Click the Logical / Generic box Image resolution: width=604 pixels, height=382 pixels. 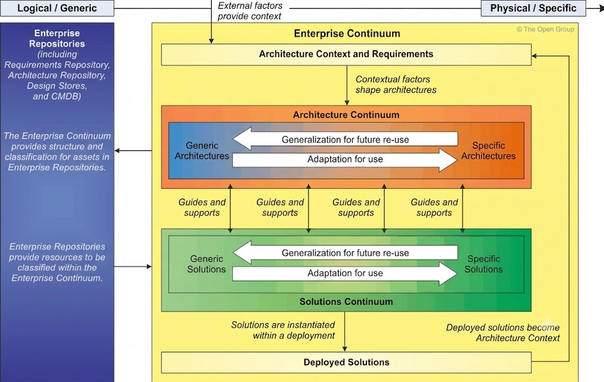coord(57,8)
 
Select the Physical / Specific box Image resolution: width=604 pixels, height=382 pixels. coord(533,8)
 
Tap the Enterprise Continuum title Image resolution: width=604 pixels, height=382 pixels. coord(347,34)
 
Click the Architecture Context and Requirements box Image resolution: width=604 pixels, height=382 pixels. coord(346,54)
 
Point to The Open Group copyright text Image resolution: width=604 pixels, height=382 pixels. coord(545,29)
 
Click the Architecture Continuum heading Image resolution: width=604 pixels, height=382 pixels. coord(346,115)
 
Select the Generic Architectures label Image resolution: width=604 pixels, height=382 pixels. coord(202,150)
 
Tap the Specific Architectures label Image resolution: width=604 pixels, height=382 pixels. coord(488,150)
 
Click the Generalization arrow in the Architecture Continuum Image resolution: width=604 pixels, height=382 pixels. coord(345,139)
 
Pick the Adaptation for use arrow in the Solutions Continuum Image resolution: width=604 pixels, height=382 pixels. coord(345,274)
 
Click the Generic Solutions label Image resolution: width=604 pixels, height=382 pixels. coord(206,264)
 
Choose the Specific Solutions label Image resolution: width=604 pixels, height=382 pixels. coord(484,264)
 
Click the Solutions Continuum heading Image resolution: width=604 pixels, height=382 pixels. coord(346,301)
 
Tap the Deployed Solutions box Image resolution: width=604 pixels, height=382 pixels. coord(346,363)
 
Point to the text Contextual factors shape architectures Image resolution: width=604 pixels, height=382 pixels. coord(396,84)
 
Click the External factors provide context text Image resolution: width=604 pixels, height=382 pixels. coord(250,11)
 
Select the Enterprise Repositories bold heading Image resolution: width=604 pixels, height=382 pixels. coord(57,38)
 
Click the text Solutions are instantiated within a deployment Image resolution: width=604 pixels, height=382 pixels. coord(283,330)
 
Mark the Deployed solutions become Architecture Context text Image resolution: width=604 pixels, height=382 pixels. coord(503,332)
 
